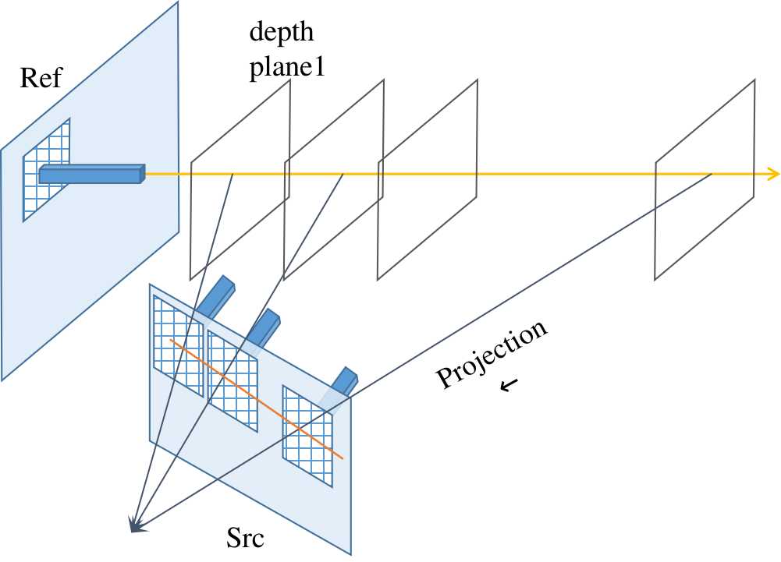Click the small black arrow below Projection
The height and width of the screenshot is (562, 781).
(x=509, y=384)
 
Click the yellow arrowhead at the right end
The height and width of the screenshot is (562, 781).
(x=772, y=174)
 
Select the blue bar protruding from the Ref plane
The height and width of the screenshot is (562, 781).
(x=92, y=175)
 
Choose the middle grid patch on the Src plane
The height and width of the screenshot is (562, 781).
(x=233, y=380)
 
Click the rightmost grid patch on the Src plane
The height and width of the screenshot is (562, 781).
(x=307, y=435)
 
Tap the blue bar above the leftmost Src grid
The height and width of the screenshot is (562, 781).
(x=216, y=297)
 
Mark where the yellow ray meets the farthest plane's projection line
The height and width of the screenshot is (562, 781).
(x=712, y=174)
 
